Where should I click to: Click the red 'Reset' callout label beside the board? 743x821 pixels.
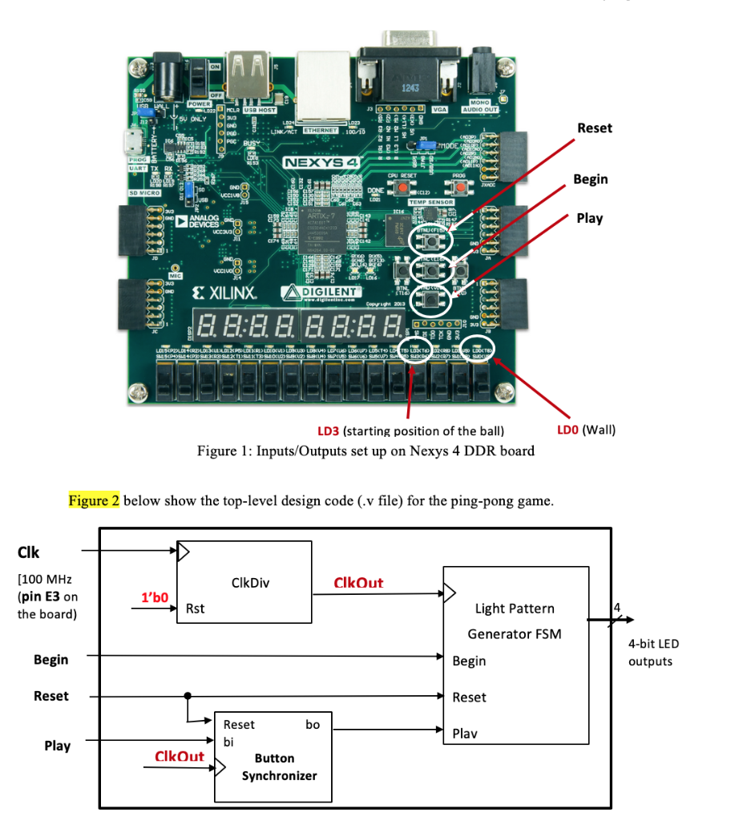pos(594,128)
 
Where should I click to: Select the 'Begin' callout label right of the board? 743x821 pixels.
pos(590,179)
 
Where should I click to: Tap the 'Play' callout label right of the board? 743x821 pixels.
pos(589,218)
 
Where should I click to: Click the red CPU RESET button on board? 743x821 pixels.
pos(399,187)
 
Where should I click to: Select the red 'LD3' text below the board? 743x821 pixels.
pos(329,431)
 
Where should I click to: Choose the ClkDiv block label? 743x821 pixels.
pos(250,583)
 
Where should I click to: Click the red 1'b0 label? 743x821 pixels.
pos(155,597)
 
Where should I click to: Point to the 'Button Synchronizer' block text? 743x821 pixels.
pos(275,766)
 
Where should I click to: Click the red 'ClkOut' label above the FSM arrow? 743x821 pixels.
pos(358,583)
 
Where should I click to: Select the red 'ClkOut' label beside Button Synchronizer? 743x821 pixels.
pos(179,756)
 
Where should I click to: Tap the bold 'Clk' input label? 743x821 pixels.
pos(28,552)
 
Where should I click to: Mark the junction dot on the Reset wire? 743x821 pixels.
pos(188,697)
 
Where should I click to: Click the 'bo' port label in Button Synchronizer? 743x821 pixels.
pos(313,724)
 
